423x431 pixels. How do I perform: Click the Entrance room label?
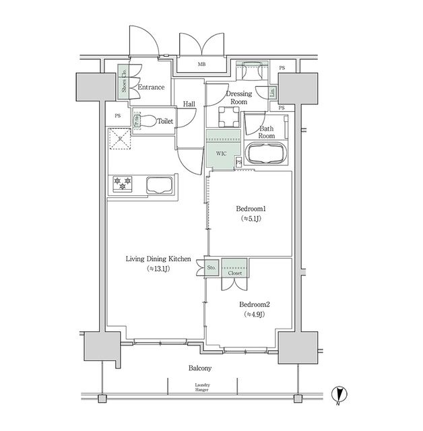tap(152, 88)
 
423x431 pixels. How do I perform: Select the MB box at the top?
tap(201, 65)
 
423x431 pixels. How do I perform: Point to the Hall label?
tap(189, 104)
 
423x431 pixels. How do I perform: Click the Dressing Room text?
tap(239, 98)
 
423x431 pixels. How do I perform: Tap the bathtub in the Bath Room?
tap(266, 154)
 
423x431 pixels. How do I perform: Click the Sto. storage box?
tap(211, 268)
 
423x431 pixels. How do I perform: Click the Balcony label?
tap(200, 368)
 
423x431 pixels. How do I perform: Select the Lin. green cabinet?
tap(272, 93)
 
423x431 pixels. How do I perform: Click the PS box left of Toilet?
tap(117, 116)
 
